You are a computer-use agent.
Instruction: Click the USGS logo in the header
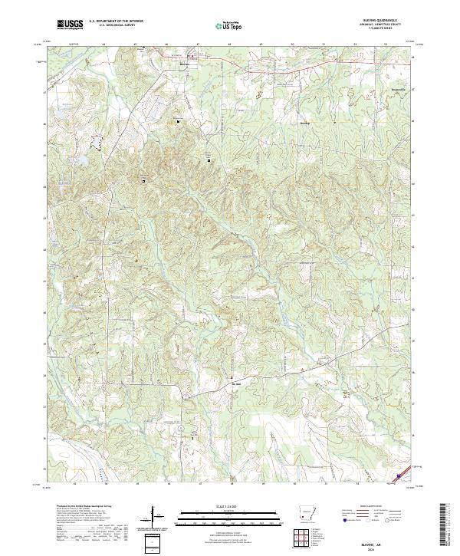70,25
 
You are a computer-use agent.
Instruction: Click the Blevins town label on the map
305,121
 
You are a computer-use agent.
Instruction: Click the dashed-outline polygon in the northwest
97,140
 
